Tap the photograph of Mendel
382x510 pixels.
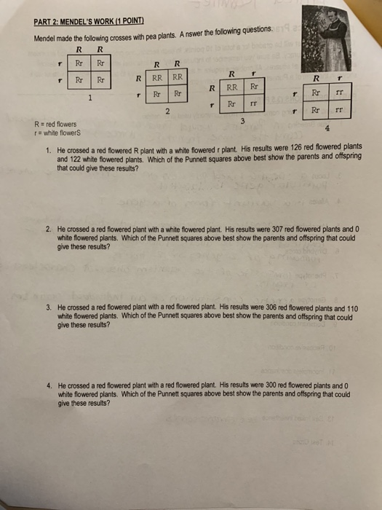point(325,37)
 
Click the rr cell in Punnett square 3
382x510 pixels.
point(255,105)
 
